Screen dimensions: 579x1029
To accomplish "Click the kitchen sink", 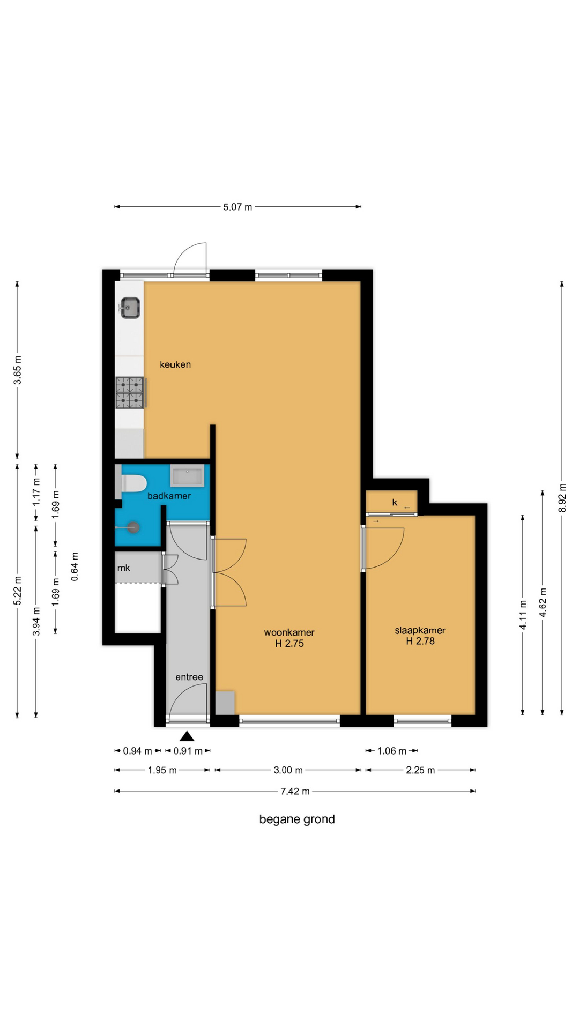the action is coord(130,308).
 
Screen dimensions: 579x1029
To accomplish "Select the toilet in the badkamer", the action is coord(131,483).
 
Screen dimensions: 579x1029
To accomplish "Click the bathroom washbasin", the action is coord(187,476).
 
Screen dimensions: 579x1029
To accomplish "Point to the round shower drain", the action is coord(133,527).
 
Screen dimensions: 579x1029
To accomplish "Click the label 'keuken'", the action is coord(175,364).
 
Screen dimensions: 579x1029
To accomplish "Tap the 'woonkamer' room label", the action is coord(289,632).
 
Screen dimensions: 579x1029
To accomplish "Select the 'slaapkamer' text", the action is coord(420,630).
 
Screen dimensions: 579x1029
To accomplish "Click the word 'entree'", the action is coord(189,677).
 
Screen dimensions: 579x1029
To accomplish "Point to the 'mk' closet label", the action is coord(124,568).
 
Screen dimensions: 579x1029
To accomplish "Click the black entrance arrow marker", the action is coord(187,736).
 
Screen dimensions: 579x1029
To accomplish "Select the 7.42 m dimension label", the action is coord(295,791).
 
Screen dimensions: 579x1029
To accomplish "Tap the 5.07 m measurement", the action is coord(237,207).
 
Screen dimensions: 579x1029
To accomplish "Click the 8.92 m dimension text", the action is coord(562,498).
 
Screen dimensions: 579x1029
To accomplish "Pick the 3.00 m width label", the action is coord(288,770).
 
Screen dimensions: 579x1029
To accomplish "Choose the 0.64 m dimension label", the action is coord(75,566).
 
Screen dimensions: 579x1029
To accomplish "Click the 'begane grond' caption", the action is coord(297,819).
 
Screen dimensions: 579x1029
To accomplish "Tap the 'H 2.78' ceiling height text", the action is coord(420,641).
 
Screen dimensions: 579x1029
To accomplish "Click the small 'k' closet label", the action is coord(395,502).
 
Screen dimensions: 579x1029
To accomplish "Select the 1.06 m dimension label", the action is coord(392,751).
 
